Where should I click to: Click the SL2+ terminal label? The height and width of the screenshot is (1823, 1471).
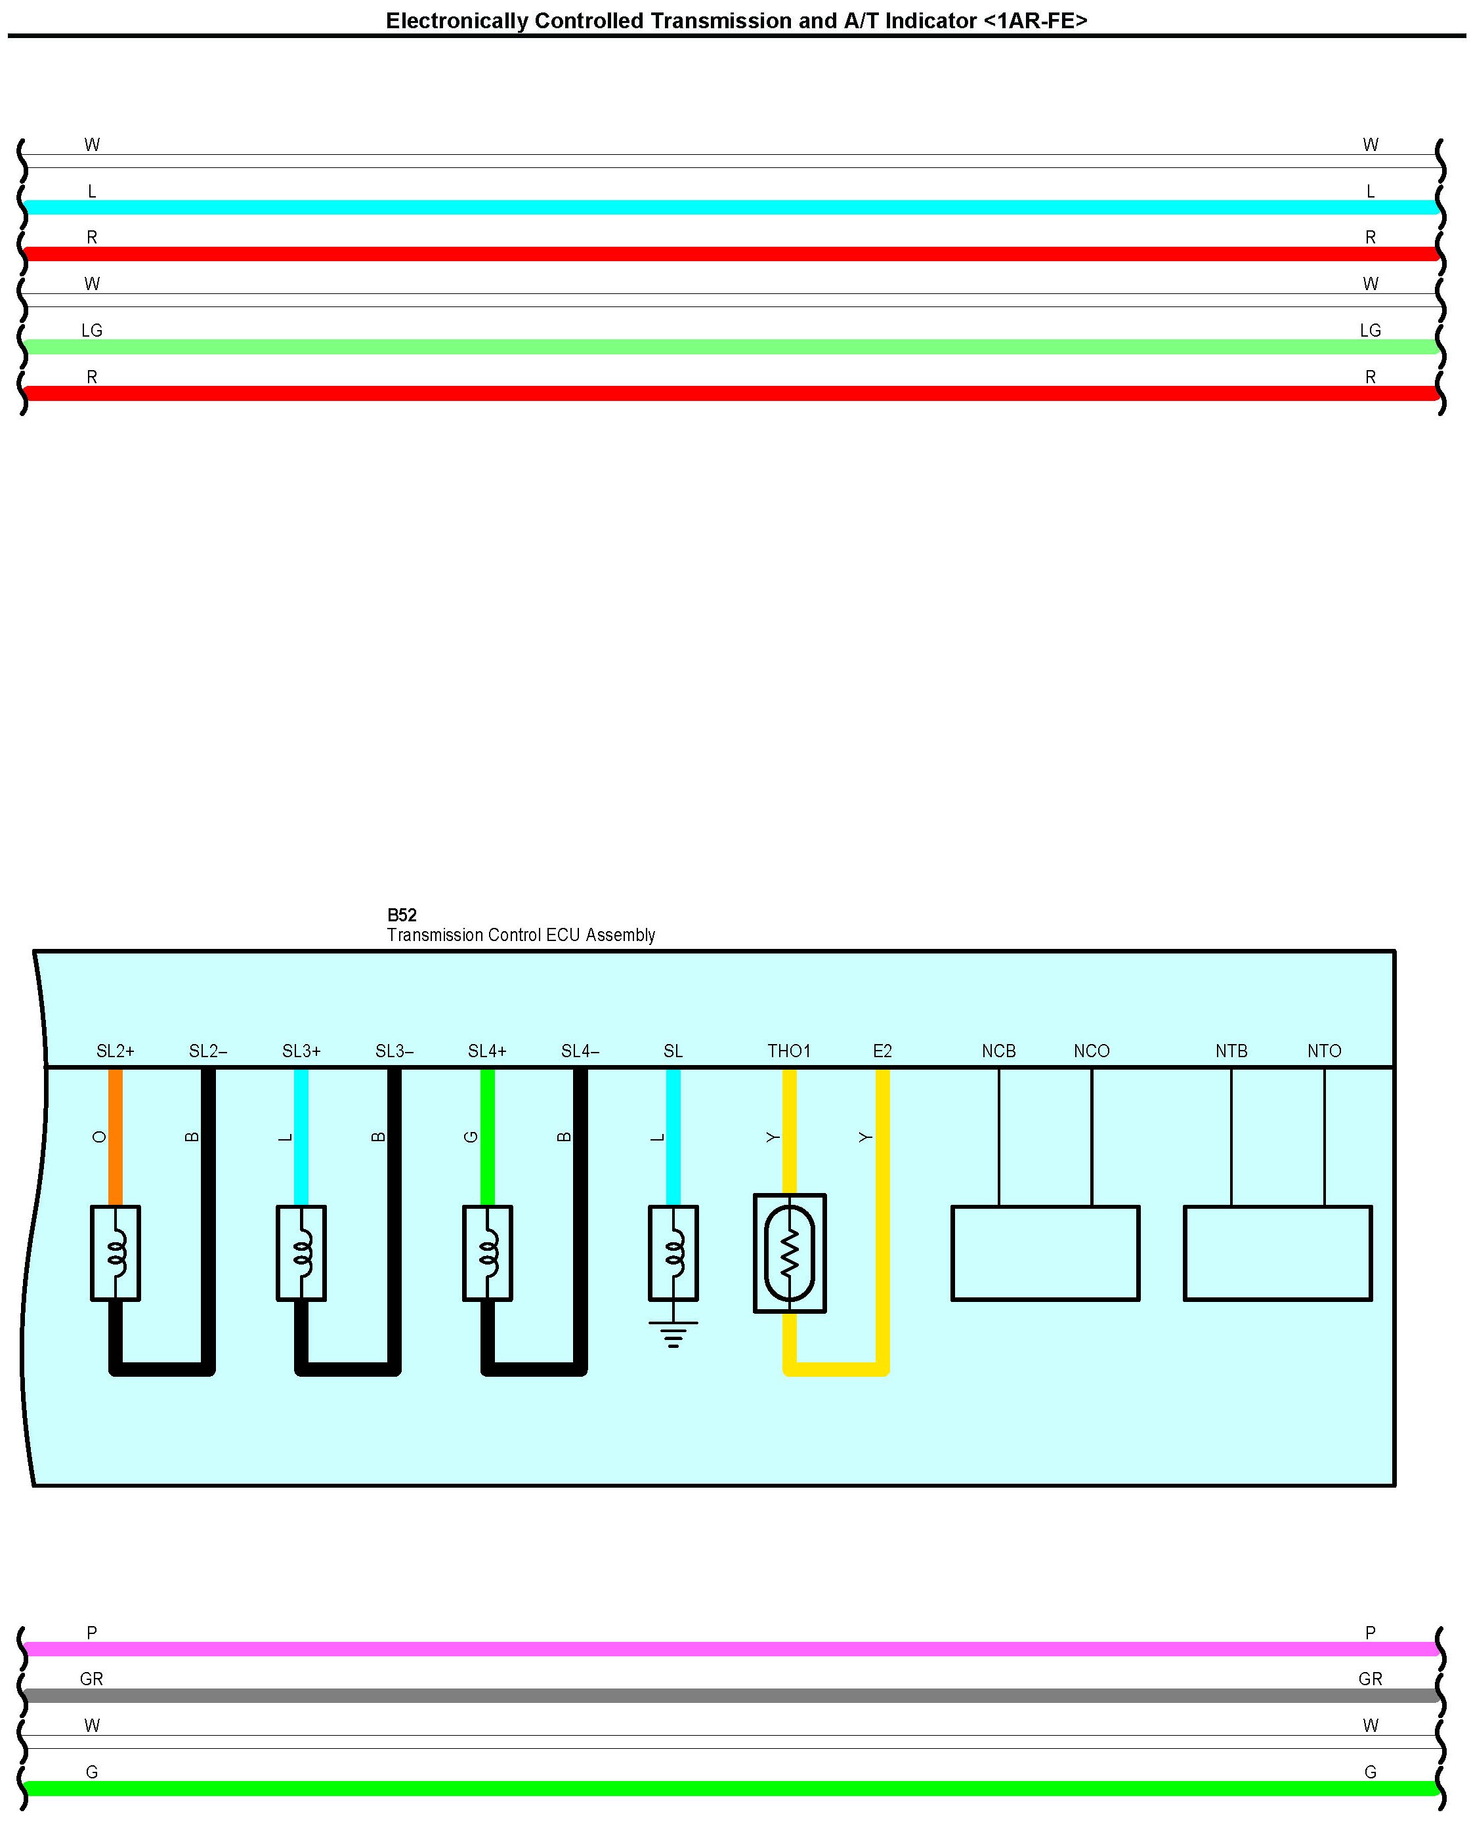tap(116, 1051)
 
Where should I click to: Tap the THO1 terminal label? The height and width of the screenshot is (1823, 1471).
tap(789, 1051)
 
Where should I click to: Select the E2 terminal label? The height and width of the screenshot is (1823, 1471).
tap(882, 1051)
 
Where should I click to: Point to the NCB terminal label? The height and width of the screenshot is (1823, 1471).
tap(998, 1051)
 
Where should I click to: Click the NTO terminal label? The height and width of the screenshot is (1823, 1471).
tap(1323, 1051)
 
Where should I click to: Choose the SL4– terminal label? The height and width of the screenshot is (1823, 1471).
tap(580, 1051)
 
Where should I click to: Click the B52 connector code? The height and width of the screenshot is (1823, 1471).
tap(402, 915)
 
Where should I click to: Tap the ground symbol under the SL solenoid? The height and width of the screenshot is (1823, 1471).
tap(673, 1334)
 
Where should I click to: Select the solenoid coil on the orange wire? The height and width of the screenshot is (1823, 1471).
tap(116, 1253)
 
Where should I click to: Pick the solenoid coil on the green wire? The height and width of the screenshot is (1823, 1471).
tap(487, 1253)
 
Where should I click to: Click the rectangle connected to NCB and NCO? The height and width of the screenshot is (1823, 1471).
tap(1045, 1253)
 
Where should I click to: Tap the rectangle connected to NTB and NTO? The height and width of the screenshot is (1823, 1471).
tap(1277, 1253)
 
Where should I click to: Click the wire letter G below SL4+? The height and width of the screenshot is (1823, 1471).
tap(472, 1137)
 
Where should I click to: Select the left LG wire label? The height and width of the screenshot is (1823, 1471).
tap(91, 330)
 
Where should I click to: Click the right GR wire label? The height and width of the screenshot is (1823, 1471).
tap(1370, 1679)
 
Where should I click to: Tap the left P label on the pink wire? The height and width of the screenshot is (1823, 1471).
tap(91, 1633)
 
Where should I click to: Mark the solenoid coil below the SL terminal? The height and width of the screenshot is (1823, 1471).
tap(673, 1253)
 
